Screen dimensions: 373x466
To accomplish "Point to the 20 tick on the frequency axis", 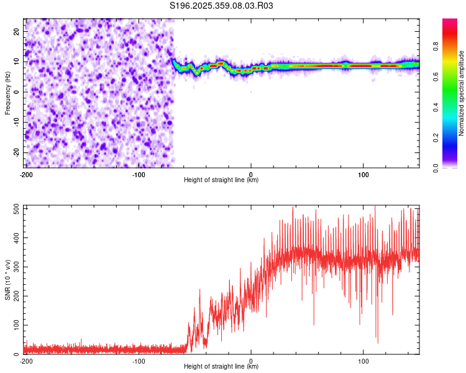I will (x=17, y=31).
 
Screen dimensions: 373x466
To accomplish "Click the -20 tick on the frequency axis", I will (x=16, y=153).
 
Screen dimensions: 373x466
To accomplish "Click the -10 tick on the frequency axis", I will (x=16, y=122).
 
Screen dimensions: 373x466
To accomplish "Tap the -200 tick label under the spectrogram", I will (x=25, y=174).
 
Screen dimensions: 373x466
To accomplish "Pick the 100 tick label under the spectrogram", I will (x=363, y=174).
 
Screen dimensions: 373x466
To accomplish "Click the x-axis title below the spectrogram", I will (x=221, y=180).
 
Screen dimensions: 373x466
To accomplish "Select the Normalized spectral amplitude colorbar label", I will (x=462, y=93).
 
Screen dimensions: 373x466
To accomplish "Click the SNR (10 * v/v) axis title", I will (x=7, y=281).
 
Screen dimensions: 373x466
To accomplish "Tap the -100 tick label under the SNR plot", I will (x=138, y=361).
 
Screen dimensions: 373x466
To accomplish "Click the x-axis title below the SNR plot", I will (x=221, y=367).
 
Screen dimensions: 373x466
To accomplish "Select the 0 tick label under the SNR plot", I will (x=251, y=361).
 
